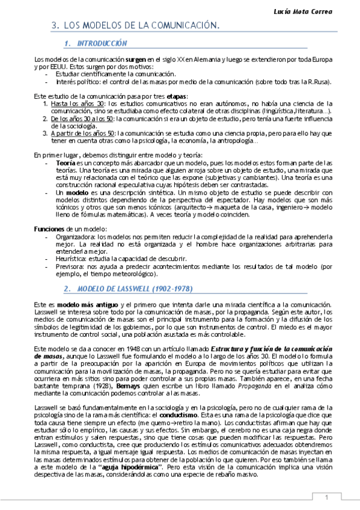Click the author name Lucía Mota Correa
[x=319, y=11]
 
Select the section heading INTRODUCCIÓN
[x=103, y=43]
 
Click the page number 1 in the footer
[x=326, y=497]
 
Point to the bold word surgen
[x=136, y=60]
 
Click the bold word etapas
[x=177, y=96]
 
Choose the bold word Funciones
[x=49, y=229]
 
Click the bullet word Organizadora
[x=75, y=238]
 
